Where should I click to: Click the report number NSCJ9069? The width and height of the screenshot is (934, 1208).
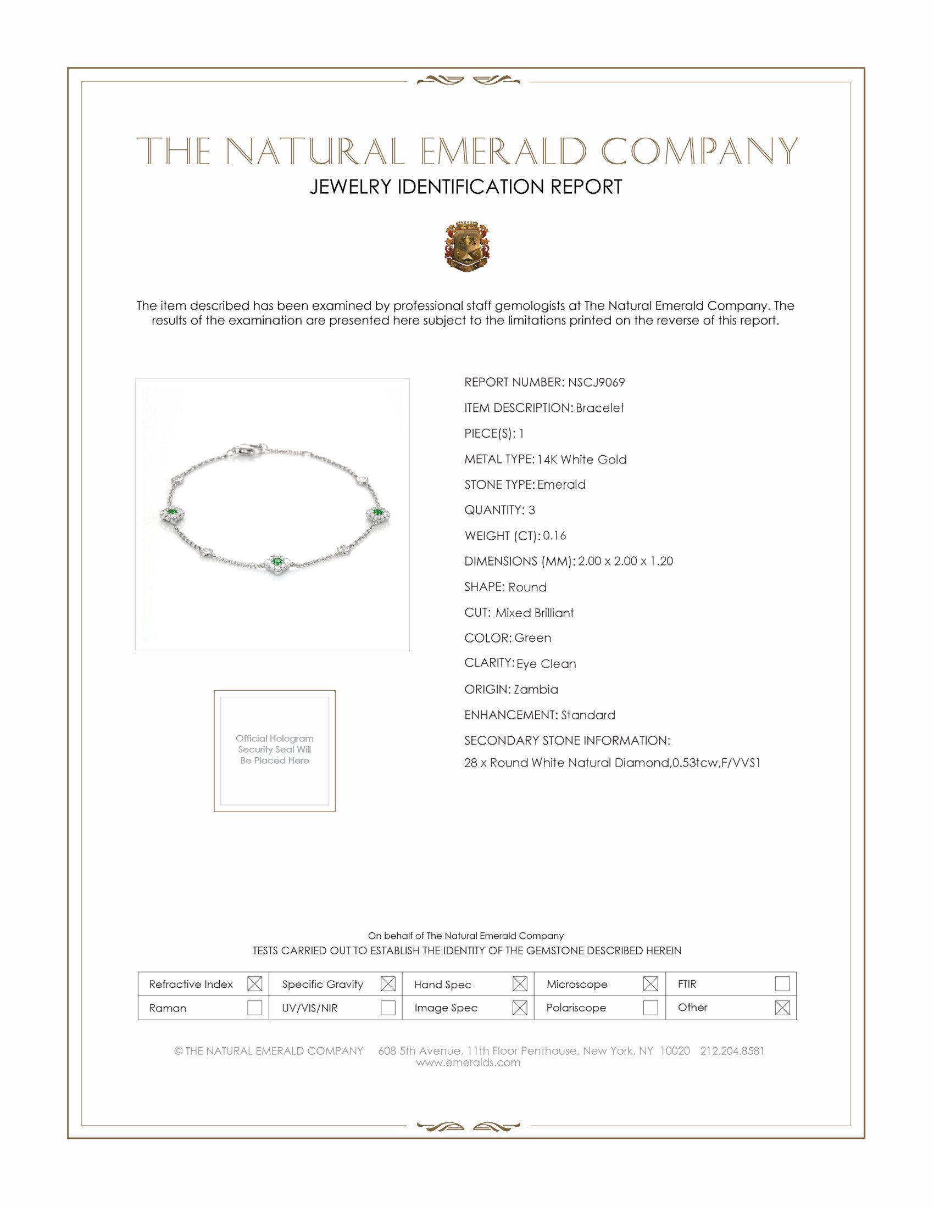pyautogui.click(x=596, y=382)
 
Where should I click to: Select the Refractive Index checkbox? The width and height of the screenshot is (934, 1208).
pyautogui.click(x=254, y=983)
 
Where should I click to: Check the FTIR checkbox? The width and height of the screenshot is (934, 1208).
pyautogui.click(x=782, y=983)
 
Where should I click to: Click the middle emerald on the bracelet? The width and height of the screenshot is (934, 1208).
pyautogui.click(x=277, y=562)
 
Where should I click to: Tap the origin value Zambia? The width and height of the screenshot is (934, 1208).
pyautogui.click(x=536, y=689)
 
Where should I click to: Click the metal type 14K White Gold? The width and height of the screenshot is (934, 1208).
pyautogui.click(x=581, y=459)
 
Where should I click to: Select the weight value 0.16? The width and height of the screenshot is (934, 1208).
pyautogui.click(x=554, y=535)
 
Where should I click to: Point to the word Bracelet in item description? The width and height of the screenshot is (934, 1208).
pyautogui.click(x=600, y=407)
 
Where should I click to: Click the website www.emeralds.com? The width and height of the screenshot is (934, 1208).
pyautogui.click(x=468, y=1062)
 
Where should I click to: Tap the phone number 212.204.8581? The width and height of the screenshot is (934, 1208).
pyautogui.click(x=731, y=1050)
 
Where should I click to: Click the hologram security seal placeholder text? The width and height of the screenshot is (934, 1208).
pyautogui.click(x=275, y=749)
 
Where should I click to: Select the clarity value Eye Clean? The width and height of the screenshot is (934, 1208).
pyautogui.click(x=546, y=664)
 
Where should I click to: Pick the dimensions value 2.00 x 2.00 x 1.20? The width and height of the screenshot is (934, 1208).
pyautogui.click(x=625, y=561)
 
